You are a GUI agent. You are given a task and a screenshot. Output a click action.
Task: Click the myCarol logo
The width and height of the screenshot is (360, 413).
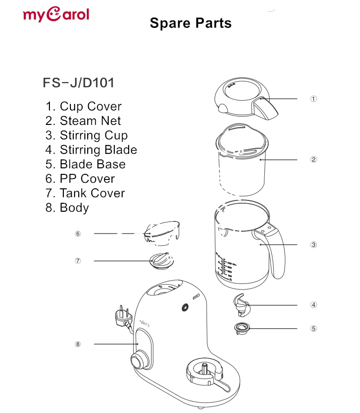coord(55,14)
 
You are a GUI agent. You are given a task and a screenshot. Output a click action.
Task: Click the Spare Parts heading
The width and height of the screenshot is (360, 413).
coord(190,23)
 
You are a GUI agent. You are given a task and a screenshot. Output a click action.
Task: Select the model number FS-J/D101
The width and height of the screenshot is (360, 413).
coord(78,83)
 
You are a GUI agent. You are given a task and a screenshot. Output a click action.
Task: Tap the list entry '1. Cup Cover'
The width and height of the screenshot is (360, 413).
coord(83,106)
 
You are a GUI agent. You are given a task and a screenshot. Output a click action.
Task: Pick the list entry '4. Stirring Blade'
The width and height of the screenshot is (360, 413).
coord(91,150)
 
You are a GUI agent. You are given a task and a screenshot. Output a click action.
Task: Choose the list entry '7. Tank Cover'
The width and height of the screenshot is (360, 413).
coord(85,193)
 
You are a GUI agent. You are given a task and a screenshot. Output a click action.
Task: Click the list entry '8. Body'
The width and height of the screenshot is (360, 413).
coord(67,207)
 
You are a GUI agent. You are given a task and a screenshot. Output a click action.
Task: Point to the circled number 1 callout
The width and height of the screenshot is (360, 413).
coord(314,99)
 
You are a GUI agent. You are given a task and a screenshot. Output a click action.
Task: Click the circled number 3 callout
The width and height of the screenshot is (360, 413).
coord(314,245)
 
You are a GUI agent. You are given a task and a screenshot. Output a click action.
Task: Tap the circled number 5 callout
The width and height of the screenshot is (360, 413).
coord(314,328)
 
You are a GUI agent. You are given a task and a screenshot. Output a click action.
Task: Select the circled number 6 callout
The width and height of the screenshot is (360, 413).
coord(78,234)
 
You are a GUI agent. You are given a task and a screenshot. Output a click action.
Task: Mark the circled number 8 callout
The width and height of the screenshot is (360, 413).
coord(78,344)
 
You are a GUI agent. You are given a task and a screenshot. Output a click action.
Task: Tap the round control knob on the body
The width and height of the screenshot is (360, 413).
coord(138,361)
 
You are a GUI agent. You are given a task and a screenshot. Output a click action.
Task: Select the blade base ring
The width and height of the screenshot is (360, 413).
coord(242,329)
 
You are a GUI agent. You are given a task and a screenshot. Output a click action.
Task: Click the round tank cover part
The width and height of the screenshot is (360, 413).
coord(160,261)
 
